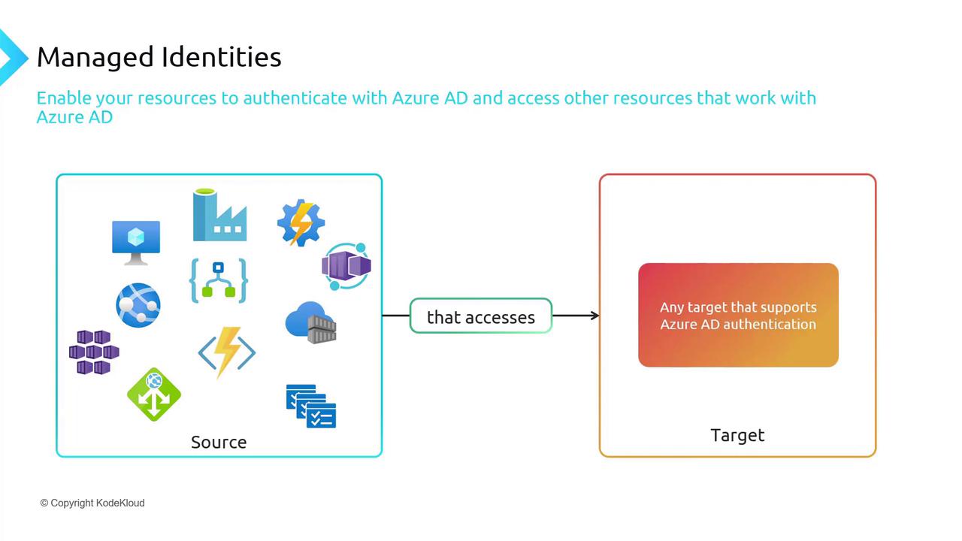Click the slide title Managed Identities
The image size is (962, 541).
[159, 57]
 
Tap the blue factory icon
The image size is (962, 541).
[219, 216]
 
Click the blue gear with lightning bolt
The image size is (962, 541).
[301, 222]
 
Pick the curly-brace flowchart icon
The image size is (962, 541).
[218, 280]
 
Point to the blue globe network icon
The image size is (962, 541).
[138, 305]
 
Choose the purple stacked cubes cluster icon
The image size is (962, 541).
[94, 352]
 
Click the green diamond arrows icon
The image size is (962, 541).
[154, 394]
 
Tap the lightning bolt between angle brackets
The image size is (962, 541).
[227, 352]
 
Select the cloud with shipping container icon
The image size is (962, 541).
[310, 323]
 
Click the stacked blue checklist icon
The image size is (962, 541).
[310, 406]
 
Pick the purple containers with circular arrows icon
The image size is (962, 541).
[346, 266]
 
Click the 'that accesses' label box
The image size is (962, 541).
[481, 316]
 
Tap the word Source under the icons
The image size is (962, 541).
[219, 442]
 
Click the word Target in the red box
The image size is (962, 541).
[737, 435]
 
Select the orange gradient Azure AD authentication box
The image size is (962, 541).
[738, 315]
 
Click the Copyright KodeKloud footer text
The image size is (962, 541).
[92, 503]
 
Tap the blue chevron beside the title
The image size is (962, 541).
[12, 57]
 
